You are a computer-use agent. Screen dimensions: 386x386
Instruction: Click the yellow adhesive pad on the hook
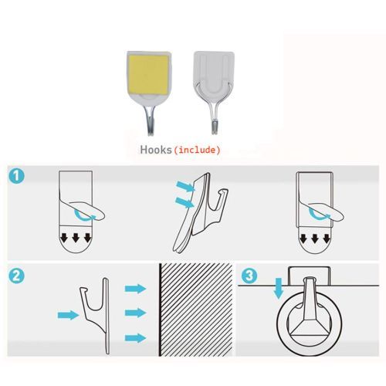[148, 75]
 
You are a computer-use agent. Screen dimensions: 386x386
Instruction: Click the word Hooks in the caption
[156, 150]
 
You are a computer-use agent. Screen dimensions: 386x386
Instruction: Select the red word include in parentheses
[197, 150]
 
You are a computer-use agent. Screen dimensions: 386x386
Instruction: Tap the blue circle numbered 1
[16, 176]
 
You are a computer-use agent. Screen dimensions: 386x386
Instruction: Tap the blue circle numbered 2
[16, 276]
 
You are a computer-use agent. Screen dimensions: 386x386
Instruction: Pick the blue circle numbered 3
[249, 276]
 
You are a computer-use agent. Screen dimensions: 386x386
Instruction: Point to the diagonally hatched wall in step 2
[196, 310]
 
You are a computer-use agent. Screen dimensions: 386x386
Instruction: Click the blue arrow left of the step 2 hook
[68, 315]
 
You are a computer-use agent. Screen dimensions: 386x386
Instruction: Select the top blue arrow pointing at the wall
[136, 289]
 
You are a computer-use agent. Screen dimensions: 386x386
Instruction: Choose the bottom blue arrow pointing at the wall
[136, 338]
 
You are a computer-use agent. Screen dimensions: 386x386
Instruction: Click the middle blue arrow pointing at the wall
[136, 313]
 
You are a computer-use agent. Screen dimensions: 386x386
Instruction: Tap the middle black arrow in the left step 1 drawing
[76, 238]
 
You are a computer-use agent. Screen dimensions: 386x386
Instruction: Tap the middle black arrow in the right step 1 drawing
[315, 239]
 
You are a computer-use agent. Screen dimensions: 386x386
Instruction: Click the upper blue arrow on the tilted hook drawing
[186, 186]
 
